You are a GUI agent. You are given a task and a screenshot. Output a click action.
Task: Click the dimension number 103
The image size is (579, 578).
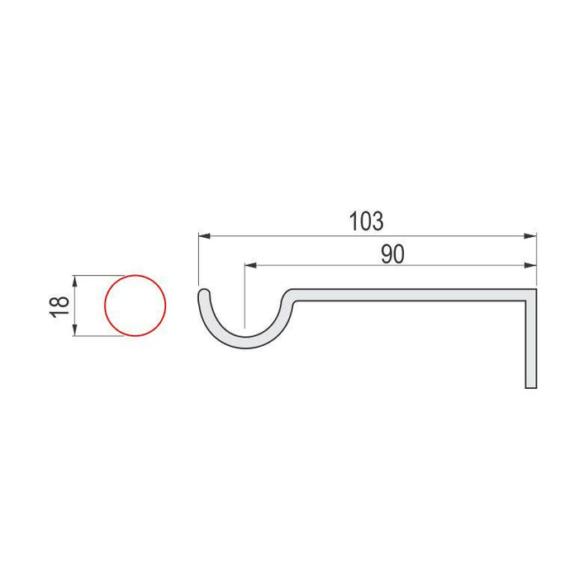(366, 221)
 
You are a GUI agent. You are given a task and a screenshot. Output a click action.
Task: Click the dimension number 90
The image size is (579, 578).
(392, 254)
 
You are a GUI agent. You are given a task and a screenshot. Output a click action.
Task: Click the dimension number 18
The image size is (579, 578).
(59, 306)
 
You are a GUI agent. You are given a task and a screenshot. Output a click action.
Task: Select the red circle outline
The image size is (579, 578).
(105, 306)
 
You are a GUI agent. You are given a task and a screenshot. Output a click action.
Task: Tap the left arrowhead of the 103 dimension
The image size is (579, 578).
(205, 236)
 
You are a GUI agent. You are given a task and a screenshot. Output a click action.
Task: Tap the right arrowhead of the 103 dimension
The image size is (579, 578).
(530, 236)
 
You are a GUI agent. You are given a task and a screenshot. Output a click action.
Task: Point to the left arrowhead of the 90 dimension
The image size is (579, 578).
(251, 265)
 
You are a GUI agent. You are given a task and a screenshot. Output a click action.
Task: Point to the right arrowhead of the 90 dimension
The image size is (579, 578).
(530, 265)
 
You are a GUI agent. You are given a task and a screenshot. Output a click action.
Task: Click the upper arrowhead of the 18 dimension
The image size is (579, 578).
(74, 282)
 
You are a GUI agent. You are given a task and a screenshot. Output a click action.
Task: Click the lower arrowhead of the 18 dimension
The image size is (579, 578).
(74, 329)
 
